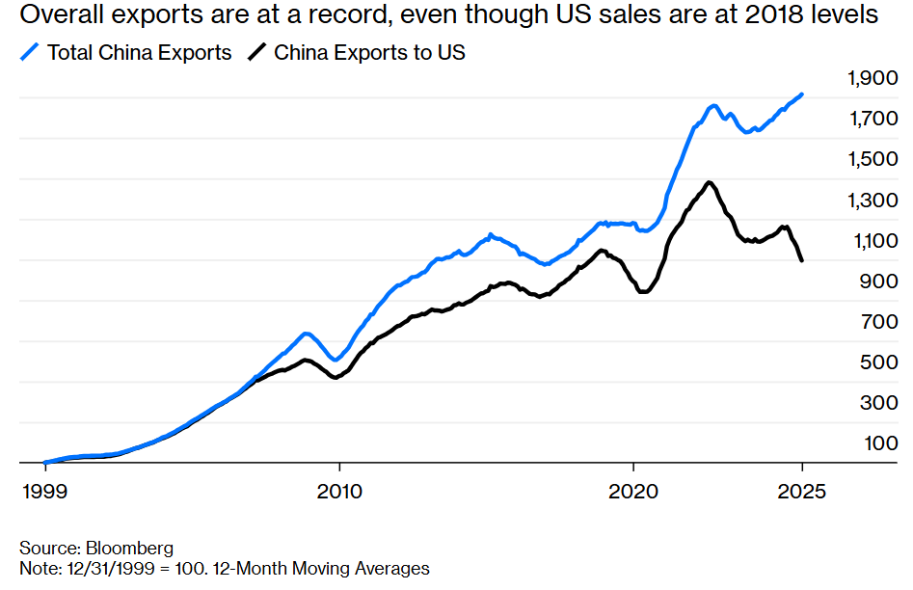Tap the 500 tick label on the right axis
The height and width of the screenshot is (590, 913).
[x=879, y=362]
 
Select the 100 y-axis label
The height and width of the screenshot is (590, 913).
[x=879, y=442]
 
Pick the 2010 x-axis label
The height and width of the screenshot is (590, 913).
[x=338, y=491]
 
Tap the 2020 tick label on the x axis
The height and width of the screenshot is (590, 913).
[x=633, y=491]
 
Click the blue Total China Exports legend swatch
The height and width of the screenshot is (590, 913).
[x=29, y=53]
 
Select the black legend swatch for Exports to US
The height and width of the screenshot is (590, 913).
[x=256, y=53]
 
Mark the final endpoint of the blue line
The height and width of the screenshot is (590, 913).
[x=803, y=94]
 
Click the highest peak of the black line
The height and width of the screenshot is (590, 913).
[x=709, y=182]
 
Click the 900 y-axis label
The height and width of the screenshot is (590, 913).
[x=879, y=281]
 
